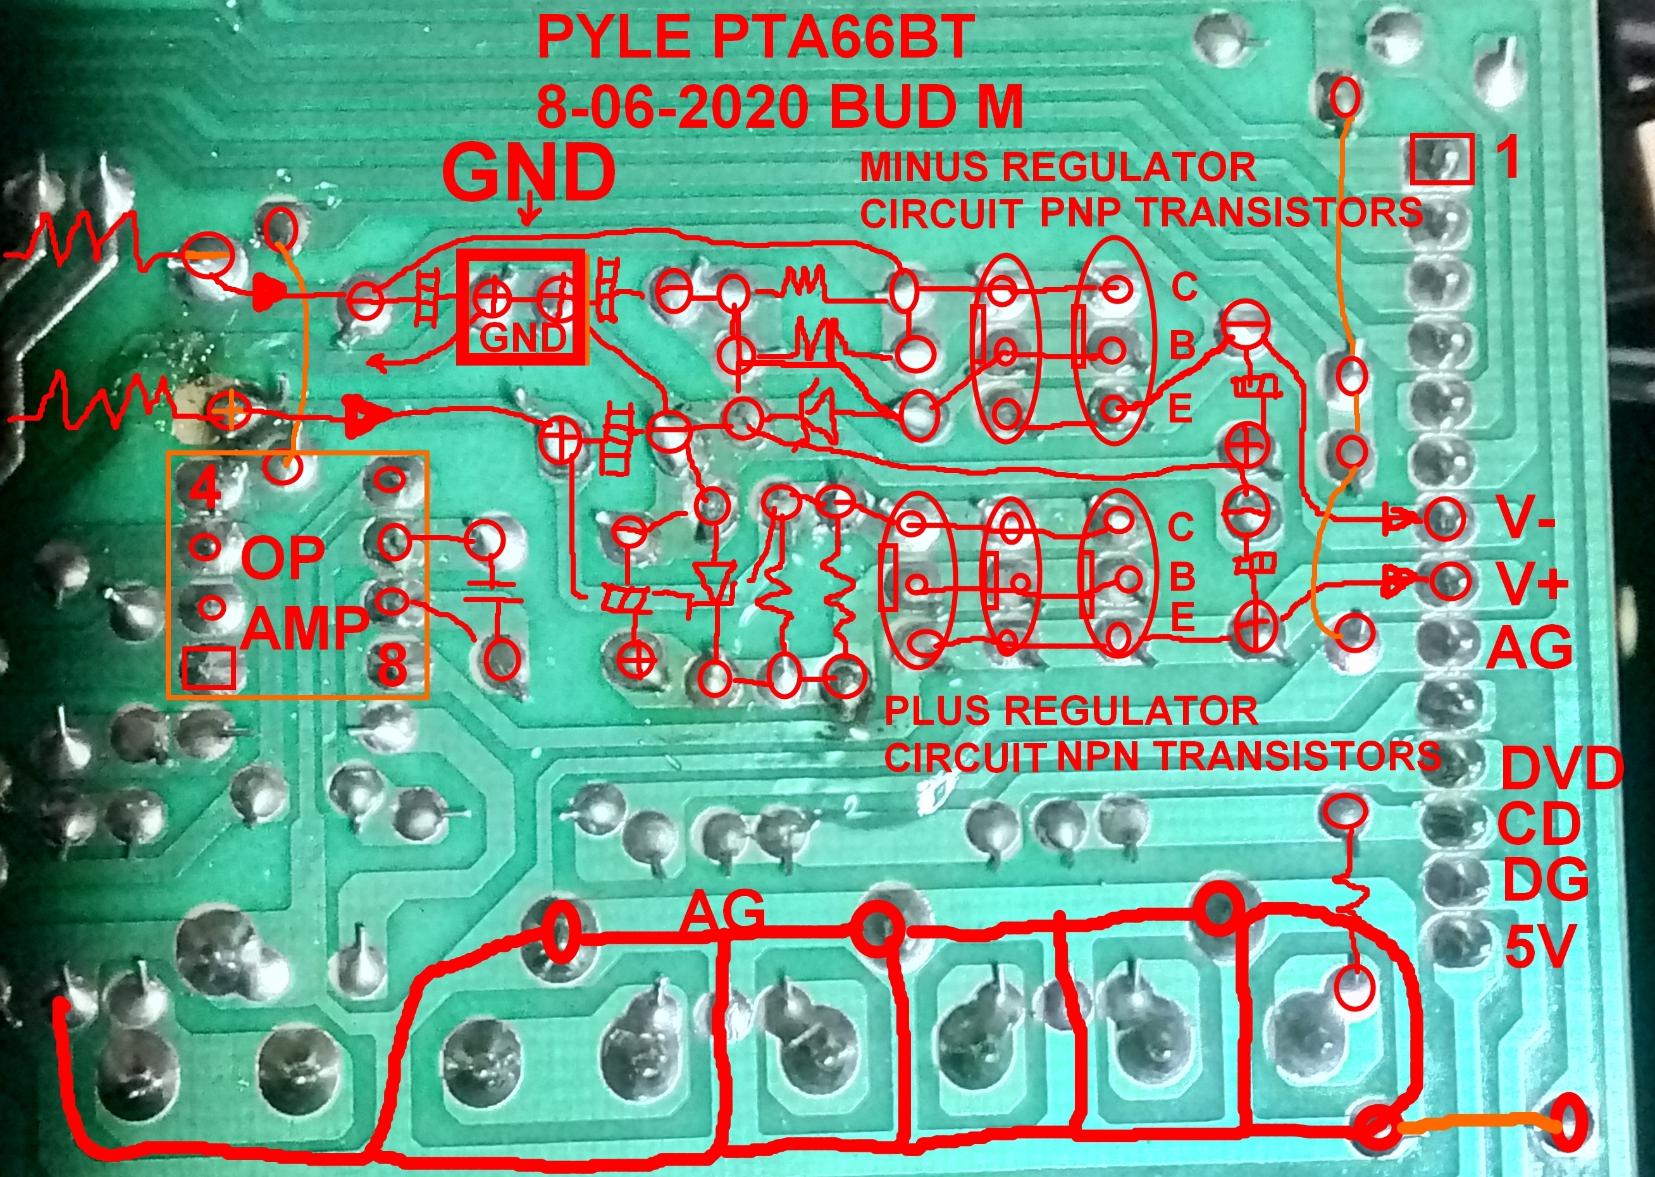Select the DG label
(x=1545, y=881)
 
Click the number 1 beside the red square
(x=1507, y=157)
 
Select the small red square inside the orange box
(x=209, y=667)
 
